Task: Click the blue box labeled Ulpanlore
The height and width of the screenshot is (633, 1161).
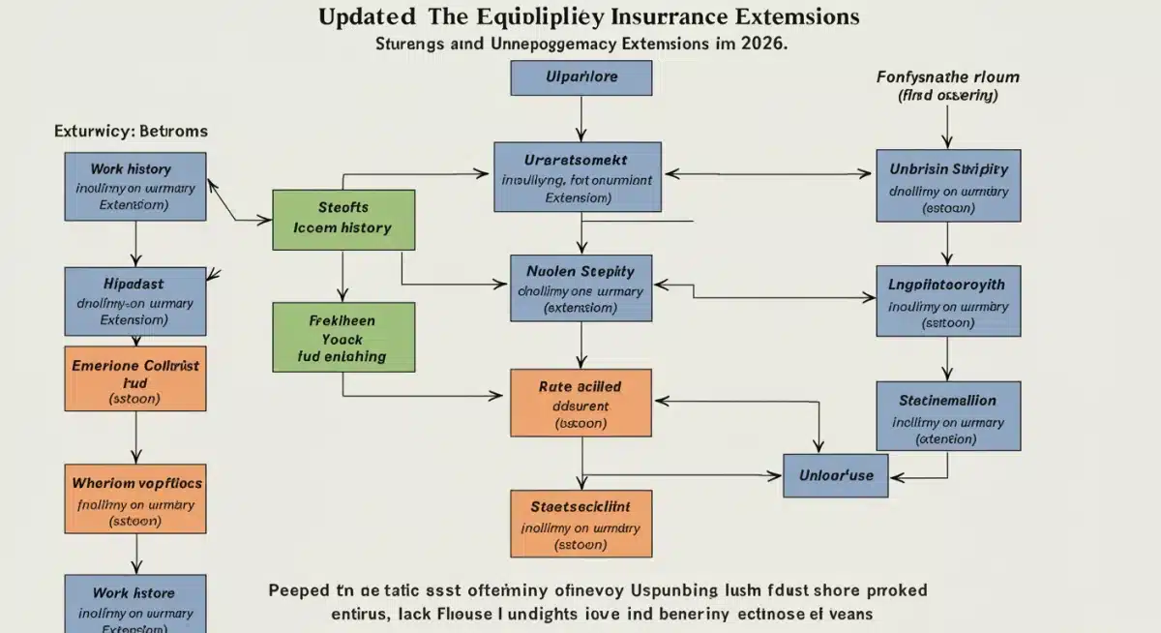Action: [581, 77]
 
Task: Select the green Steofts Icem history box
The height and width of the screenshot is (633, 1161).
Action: [343, 219]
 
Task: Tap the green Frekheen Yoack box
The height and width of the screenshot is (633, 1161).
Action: [343, 337]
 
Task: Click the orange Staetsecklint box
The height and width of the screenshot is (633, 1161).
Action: [580, 523]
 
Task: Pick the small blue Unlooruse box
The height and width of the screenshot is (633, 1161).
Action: [836, 474]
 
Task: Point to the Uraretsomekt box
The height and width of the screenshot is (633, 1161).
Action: [578, 177]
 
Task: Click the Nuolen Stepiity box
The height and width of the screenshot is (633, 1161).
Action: [580, 288]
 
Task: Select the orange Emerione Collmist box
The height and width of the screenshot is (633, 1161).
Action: [135, 378]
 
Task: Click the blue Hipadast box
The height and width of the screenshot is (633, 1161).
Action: [135, 301]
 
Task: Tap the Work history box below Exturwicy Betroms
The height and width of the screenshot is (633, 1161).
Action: [135, 185]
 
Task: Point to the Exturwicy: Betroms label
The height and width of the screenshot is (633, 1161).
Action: [131, 131]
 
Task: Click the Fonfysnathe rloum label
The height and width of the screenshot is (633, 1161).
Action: [947, 76]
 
